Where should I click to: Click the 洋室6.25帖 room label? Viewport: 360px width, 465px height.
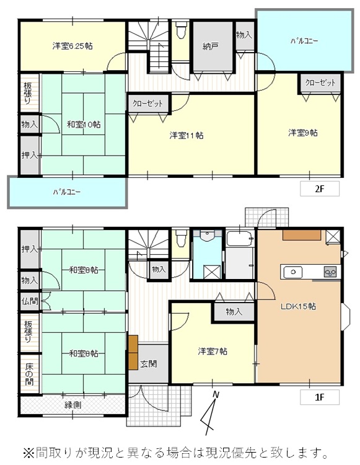[72, 46]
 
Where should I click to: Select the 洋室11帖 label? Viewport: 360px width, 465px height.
[187, 136]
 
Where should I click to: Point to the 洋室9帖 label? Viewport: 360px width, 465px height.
[303, 133]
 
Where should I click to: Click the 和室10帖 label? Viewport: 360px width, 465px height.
[84, 124]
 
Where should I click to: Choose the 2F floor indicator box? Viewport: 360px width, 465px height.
[320, 188]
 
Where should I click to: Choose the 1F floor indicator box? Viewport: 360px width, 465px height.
[320, 397]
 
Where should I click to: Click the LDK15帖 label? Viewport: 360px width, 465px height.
[299, 306]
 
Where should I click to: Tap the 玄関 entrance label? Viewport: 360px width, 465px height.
[149, 364]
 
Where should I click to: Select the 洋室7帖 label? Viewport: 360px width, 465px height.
[213, 352]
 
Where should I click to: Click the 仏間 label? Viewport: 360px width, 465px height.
[30, 301]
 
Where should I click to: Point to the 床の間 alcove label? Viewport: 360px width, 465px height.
[29, 374]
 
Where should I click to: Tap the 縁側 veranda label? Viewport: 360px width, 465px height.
[73, 405]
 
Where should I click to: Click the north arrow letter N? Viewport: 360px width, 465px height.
[216, 395]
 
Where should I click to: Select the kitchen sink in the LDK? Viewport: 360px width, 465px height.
[293, 272]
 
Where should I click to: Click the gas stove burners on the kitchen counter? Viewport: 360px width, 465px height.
[330, 272]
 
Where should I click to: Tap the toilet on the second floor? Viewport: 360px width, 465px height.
[181, 30]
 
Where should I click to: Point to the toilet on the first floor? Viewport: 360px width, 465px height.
[181, 239]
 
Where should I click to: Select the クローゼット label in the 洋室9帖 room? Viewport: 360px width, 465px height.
[320, 82]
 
